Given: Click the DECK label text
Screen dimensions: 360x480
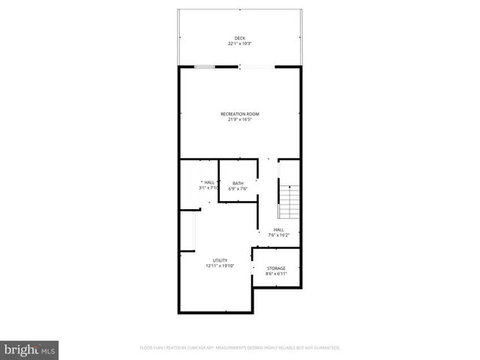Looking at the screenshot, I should click(x=239, y=38).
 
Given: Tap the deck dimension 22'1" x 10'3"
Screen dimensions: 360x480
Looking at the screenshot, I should click(x=239, y=43).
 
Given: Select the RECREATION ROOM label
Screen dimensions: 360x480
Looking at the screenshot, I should click(x=239, y=114).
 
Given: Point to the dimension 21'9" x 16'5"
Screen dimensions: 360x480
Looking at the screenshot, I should click(x=239, y=119).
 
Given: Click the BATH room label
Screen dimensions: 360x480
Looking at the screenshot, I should click(x=238, y=183).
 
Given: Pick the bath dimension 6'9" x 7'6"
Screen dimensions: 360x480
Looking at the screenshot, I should click(x=238, y=188).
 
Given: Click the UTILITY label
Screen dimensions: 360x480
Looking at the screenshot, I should click(x=220, y=260).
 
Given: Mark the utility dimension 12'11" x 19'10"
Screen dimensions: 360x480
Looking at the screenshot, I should click(x=220, y=265).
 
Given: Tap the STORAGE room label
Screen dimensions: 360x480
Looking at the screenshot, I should click(x=276, y=268).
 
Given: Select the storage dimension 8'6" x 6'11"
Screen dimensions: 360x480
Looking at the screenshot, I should click(x=276, y=273).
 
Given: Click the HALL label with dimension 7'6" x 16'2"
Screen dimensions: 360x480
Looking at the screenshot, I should click(x=278, y=229).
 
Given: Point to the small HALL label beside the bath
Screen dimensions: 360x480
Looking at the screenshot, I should click(x=209, y=182).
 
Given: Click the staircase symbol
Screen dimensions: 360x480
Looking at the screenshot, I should click(x=289, y=201).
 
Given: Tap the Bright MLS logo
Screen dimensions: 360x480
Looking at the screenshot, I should click(x=29, y=349).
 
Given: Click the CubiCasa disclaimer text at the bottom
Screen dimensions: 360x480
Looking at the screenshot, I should click(x=239, y=348).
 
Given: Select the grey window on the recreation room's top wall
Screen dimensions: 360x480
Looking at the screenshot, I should click(x=205, y=67).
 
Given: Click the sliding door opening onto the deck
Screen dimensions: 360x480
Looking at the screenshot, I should click(x=256, y=67).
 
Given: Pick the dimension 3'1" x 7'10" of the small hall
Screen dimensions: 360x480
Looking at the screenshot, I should click(x=209, y=187).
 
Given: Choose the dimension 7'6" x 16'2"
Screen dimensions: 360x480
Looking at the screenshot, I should click(x=278, y=235).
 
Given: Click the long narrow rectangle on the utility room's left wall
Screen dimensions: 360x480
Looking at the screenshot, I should click(x=196, y=230).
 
